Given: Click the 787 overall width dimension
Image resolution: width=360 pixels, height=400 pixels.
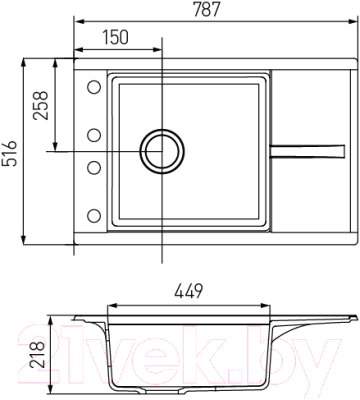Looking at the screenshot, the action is click(207, 9).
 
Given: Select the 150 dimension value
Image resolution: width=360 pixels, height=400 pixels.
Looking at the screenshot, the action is click(115, 37).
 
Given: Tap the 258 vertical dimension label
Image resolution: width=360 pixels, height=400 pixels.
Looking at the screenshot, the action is click(41, 105).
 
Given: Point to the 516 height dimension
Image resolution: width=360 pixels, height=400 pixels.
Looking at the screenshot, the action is click(9, 153).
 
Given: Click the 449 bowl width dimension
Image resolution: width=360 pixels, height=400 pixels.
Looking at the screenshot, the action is click(188, 291).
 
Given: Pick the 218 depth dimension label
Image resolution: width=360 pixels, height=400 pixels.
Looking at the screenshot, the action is click(37, 354).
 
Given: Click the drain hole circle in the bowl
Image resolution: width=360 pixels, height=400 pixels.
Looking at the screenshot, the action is click(162, 151).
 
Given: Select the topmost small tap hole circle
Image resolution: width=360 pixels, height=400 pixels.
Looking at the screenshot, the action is click(94, 87).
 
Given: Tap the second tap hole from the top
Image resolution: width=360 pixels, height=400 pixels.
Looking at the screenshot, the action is click(94, 135).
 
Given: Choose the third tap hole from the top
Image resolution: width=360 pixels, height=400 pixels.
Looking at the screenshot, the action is click(94, 167).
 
